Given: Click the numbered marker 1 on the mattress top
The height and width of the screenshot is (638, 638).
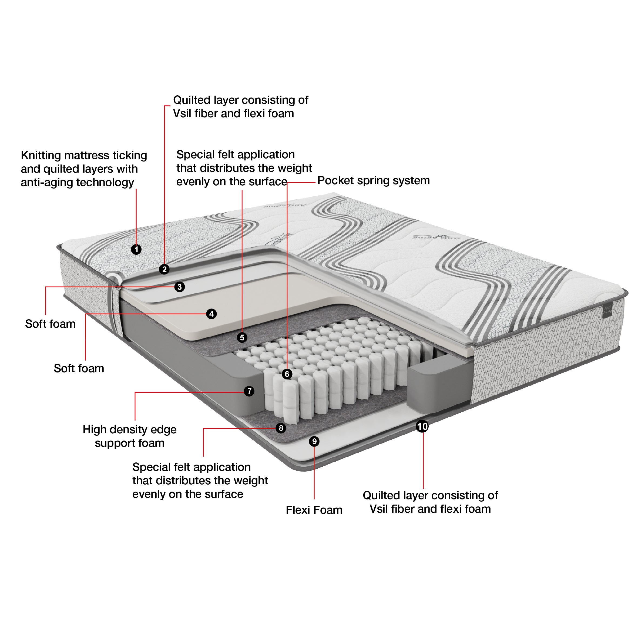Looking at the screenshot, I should [x=136, y=249].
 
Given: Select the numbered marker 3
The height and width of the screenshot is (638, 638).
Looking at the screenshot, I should [x=179, y=287].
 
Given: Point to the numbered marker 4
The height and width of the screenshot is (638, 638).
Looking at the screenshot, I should [x=211, y=314].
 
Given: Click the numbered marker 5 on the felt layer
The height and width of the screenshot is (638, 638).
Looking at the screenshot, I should [x=242, y=337].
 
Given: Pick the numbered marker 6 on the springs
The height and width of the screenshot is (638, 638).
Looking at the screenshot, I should [x=287, y=374].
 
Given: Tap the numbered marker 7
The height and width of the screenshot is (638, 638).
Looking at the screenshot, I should [x=249, y=391].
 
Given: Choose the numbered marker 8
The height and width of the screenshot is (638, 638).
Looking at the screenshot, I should [x=281, y=428].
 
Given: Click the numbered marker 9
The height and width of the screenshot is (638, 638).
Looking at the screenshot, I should [x=314, y=441].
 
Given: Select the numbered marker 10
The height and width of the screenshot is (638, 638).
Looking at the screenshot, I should [x=422, y=426].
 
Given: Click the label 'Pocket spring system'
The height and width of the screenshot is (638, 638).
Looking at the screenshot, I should [x=373, y=181].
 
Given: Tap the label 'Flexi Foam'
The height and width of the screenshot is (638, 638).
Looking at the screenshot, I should [x=314, y=510].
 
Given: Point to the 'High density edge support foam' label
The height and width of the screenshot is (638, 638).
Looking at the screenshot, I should [x=129, y=436].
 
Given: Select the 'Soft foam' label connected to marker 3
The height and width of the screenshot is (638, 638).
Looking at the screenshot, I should [x=50, y=324].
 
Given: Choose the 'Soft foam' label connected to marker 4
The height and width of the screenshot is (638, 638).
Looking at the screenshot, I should [x=79, y=368].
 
